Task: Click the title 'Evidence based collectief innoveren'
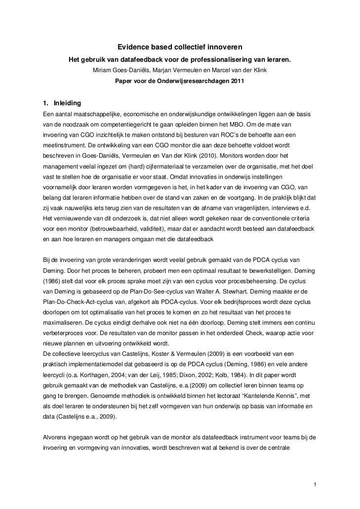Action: point(179,48)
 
